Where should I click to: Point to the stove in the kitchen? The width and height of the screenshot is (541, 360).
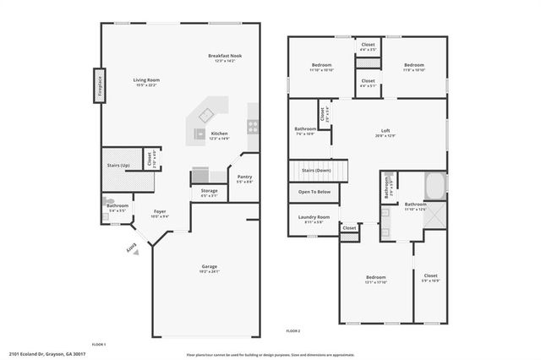click(x=252, y=126)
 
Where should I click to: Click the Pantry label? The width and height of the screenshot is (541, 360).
click(x=244, y=178)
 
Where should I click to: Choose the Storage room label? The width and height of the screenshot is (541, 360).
click(x=209, y=193)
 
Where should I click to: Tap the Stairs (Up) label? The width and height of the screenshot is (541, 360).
click(x=117, y=166)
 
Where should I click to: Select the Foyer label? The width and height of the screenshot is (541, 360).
click(x=160, y=214)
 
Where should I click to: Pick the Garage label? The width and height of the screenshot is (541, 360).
click(x=210, y=269)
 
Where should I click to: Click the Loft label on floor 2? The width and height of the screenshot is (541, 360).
click(x=385, y=133)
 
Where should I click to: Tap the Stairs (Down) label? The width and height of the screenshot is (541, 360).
click(x=318, y=171)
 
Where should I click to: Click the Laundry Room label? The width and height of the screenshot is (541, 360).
click(x=314, y=219)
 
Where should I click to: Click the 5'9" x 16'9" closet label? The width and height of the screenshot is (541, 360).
click(x=431, y=277)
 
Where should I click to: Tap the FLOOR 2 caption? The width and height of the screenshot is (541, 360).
click(x=293, y=330)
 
